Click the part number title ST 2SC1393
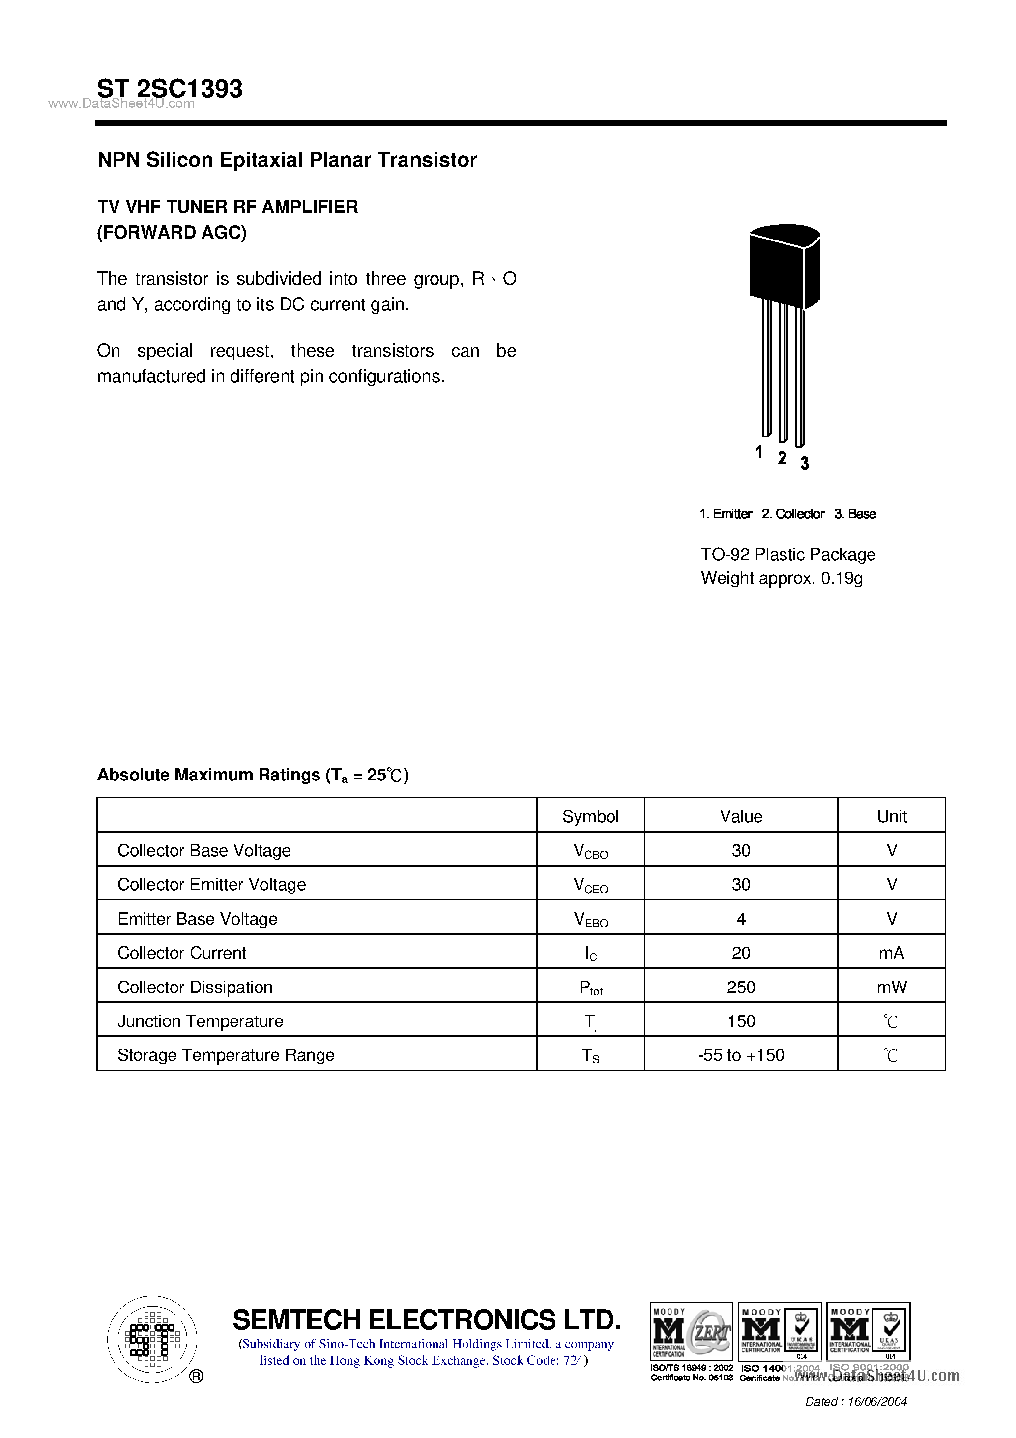coord(170,89)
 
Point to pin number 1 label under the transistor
coord(759,451)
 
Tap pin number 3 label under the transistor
coord(805,463)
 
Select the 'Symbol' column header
coord(590,816)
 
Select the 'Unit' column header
coord(892,816)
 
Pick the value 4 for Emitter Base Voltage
coord(741,919)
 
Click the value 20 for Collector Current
coord(741,953)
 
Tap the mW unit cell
coord(892,987)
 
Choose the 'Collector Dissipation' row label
coord(195,987)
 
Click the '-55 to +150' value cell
coord(741,1055)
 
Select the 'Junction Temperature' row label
coord(201,1021)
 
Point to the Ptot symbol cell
coord(590,988)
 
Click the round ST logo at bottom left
coord(152,1339)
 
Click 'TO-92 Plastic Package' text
coord(787,554)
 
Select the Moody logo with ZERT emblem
coord(691,1332)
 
